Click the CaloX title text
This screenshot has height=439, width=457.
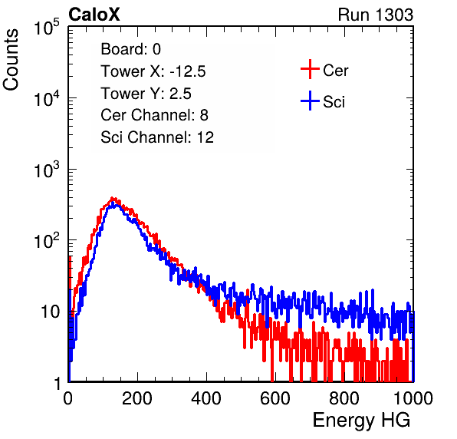(94, 15)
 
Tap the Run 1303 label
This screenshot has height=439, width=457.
(376, 15)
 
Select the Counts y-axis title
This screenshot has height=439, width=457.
(11, 60)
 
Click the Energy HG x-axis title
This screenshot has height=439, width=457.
(361, 421)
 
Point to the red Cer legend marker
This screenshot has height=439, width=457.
(310, 69)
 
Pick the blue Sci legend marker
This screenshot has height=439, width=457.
(310, 101)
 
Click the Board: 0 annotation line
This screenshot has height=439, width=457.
(130, 49)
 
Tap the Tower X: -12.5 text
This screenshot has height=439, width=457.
(153, 71)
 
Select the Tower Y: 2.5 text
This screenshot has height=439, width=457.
(146, 94)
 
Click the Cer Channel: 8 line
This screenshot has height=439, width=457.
(154, 115)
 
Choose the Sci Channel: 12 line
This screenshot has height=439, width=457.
(157, 137)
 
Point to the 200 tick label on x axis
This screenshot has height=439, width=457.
(137, 398)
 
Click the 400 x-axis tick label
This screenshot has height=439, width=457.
(206, 398)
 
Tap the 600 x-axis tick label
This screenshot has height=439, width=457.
(275, 398)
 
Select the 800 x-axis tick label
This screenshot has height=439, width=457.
(344, 398)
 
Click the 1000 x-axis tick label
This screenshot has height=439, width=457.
(413, 398)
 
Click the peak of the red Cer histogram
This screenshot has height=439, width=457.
(113, 198)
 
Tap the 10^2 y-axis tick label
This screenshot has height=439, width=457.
(47, 240)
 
